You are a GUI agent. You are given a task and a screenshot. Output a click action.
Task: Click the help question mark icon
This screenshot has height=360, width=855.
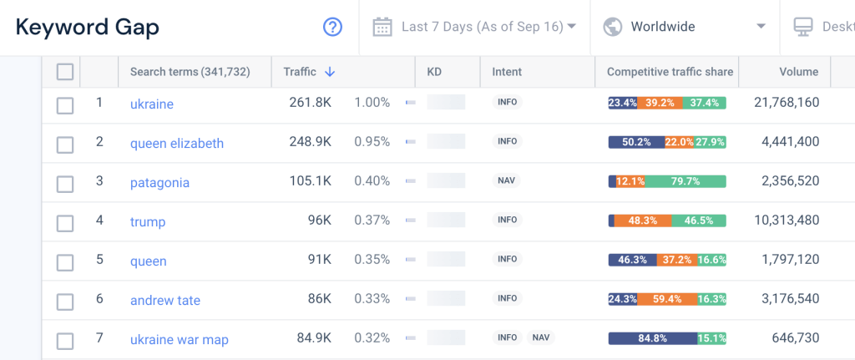(333, 27)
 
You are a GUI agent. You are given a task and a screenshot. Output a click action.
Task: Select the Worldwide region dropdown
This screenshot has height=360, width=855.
(684, 27)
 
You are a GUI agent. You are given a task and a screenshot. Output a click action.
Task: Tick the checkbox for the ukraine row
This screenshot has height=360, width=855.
(65, 105)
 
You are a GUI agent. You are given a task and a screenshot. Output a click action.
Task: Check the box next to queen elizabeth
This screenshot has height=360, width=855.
(65, 145)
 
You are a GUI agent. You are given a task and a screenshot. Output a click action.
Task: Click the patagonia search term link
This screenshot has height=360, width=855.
(159, 182)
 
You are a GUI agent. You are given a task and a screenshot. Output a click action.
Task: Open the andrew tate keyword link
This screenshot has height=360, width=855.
(165, 300)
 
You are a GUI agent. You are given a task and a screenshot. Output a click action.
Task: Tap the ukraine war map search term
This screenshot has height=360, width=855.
(179, 339)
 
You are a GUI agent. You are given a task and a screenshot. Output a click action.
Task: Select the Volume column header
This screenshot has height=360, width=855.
(798, 72)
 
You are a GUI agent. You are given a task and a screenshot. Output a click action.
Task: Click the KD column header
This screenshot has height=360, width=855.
(434, 72)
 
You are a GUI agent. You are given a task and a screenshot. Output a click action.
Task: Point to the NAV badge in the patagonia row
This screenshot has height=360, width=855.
(507, 180)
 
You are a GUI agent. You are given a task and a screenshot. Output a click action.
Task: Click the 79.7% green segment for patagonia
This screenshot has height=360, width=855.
(686, 181)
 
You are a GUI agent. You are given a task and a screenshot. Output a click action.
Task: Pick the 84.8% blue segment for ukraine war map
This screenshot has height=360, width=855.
(652, 338)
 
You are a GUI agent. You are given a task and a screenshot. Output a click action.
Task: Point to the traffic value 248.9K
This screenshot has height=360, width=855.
(311, 142)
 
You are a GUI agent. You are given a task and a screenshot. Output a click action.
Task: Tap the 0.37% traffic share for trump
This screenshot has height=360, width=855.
(372, 221)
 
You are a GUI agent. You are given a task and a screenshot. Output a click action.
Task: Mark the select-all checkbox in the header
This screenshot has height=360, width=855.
(65, 72)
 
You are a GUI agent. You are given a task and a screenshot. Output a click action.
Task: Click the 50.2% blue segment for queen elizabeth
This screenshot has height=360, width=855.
(636, 142)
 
